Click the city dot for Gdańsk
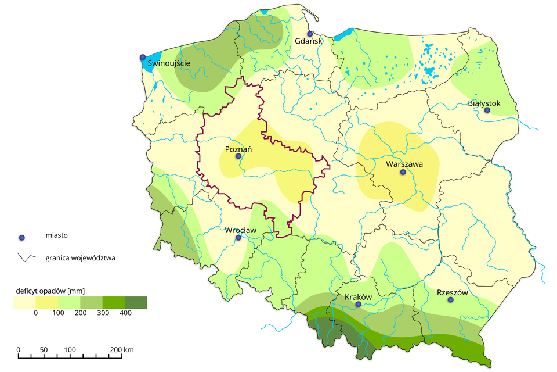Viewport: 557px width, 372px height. [310, 34]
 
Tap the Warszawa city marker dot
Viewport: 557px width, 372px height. [403, 172]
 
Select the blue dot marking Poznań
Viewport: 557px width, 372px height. [238, 156]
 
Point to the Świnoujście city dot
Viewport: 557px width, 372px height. [142, 56]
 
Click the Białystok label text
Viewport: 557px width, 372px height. [483, 104]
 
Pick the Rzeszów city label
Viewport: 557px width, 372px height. [451, 292]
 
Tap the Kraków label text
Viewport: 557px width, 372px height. [358, 296]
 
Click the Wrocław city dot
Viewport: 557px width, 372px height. [238, 237]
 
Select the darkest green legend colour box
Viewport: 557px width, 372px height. [136, 302]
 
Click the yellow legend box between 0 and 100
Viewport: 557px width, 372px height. [46, 302]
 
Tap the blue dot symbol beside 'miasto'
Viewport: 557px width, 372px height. [22, 237]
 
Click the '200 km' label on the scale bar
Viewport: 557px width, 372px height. [121, 350]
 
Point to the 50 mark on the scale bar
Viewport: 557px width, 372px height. [44, 350]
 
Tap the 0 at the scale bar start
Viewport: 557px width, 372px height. [19, 350]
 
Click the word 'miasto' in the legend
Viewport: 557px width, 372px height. [56, 236]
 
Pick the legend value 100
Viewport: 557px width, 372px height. [57, 313]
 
